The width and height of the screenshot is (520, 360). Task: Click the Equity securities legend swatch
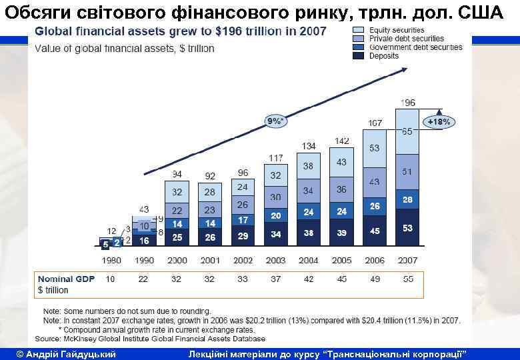point(357,30)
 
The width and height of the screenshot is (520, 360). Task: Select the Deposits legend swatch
point(357,56)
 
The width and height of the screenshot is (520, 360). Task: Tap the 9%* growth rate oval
point(275,121)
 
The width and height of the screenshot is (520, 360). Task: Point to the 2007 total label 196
point(408,103)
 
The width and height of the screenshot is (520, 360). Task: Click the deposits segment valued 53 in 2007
point(408,229)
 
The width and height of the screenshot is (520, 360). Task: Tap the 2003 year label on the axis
point(275,261)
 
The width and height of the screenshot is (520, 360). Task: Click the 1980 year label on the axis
point(111,261)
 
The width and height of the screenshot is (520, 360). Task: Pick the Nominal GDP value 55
point(408,279)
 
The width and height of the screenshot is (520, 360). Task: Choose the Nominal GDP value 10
point(111,279)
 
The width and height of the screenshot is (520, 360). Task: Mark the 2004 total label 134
point(308,146)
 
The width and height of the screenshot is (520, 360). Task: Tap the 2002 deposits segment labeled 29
point(243,236)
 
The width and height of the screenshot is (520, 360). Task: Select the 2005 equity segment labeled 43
point(341,162)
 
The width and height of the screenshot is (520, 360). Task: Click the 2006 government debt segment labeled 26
point(375,207)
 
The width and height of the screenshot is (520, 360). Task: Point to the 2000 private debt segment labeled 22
point(177,210)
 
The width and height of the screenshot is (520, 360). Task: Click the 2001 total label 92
point(210,176)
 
